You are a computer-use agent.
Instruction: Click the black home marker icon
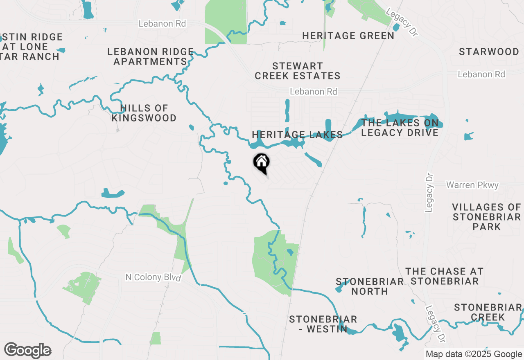tap(261, 162)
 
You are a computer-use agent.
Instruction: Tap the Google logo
tap(28, 351)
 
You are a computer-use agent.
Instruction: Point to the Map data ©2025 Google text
tap(474, 354)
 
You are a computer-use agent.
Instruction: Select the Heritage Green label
tap(348, 36)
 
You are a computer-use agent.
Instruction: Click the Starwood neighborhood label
tap(489, 52)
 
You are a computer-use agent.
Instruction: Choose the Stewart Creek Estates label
tap(298, 71)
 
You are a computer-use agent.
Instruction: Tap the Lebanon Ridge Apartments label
tap(150, 57)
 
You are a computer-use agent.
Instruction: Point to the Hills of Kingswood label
tap(144, 113)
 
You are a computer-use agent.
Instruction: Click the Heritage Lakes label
tap(297, 135)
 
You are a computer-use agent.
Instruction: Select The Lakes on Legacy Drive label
tap(400, 128)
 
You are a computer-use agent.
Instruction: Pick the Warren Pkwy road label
tap(472, 185)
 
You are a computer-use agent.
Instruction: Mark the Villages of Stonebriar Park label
tap(486, 217)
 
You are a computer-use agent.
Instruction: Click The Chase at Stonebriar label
tap(445, 276)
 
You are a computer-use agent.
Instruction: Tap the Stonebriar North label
tap(370, 286)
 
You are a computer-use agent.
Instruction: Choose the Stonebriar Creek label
tap(488, 312)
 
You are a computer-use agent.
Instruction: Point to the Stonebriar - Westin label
tap(323, 324)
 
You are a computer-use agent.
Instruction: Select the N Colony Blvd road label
tap(153, 277)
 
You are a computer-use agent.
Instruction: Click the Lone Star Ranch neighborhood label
tap(31, 47)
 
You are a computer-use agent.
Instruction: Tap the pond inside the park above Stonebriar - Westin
tap(290, 252)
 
